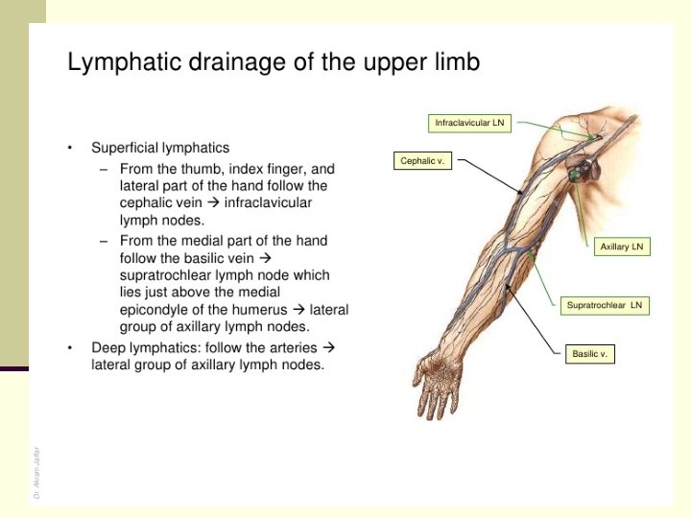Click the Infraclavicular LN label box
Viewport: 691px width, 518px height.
[x=469, y=123]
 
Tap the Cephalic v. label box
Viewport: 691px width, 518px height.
[x=421, y=160]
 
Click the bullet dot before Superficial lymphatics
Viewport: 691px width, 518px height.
[x=70, y=148]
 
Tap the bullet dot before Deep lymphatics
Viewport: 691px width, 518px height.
[x=70, y=347]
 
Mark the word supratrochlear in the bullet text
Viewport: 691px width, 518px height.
[x=163, y=275]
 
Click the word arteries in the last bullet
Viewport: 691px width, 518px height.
[x=292, y=346]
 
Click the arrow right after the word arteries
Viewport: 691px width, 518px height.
[x=327, y=346]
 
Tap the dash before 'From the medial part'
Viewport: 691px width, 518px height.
[x=104, y=240]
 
